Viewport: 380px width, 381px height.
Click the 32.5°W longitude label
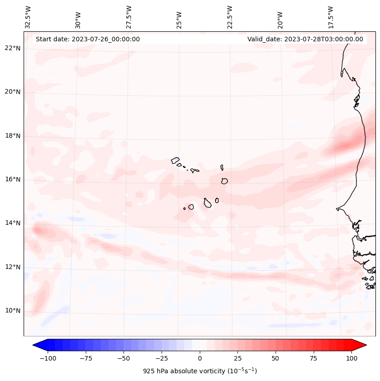(x=29, y=17)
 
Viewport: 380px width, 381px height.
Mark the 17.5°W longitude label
(x=331, y=17)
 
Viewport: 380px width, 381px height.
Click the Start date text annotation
(x=88, y=39)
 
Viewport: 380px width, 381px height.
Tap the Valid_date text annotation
(x=305, y=39)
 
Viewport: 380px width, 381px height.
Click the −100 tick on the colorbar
(x=48, y=358)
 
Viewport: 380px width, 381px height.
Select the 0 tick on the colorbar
(x=200, y=358)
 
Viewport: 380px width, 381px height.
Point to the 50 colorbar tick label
(x=276, y=358)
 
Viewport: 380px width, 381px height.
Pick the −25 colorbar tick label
(x=161, y=358)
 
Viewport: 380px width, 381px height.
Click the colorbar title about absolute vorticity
(x=200, y=371)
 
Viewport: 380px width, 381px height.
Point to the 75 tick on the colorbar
(x=314, y=358)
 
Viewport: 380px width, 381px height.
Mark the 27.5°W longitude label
(x=129, y=17)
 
